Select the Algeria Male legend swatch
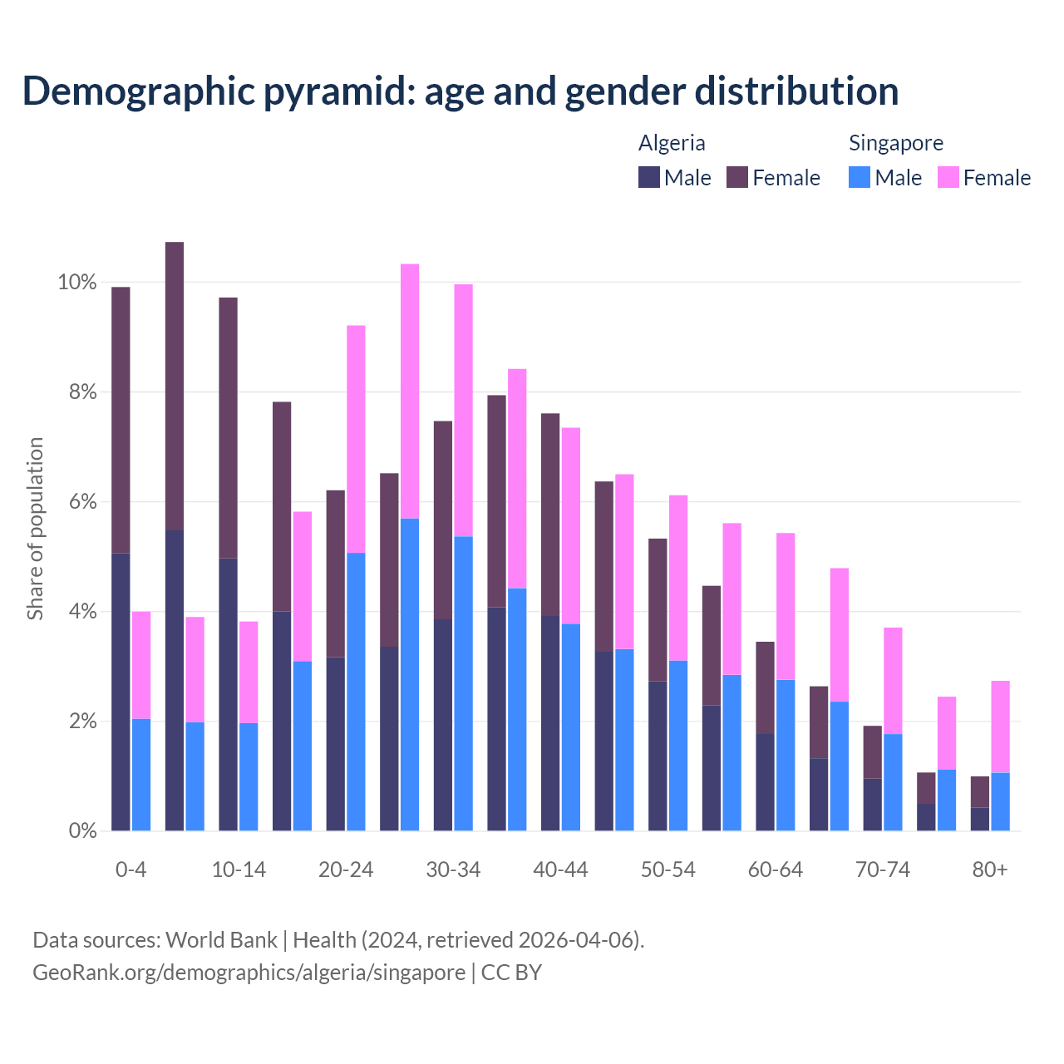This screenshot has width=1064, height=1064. pyautogui.click(x=649, y=177)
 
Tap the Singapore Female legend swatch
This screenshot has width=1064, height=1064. pyautogui.click(x=948, y=177)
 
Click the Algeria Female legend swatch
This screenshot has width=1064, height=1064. pyautogui.click(x=737, y=177)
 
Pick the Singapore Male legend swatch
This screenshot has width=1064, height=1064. pyautogui.click(x=860, y=177)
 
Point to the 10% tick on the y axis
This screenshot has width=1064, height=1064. pyautogui.click(x=76, y=283)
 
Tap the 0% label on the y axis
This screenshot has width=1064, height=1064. pyautogui.click(x=81, y=830)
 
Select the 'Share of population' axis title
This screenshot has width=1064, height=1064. pyautogui.click(x=35, y=529)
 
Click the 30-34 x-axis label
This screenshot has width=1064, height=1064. pyautogui.click(x=453, y=869)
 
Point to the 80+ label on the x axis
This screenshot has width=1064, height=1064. pyautogui.click(x=989, y=869)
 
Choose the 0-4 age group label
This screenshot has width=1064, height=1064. pyautogui.click(x=131, y=869)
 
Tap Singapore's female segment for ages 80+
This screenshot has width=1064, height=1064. pyautogui.click(x=1000, y=727)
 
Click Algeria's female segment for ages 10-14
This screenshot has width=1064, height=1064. pyautogui.click(x=228, y=427)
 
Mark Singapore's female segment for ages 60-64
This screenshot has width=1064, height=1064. pyautogui.click(x=786, y=606)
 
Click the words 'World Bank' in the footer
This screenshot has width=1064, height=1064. pyautogui.click(x=221, y=940)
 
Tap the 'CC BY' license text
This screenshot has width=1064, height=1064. pyautogui.click(x=511, y=973)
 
